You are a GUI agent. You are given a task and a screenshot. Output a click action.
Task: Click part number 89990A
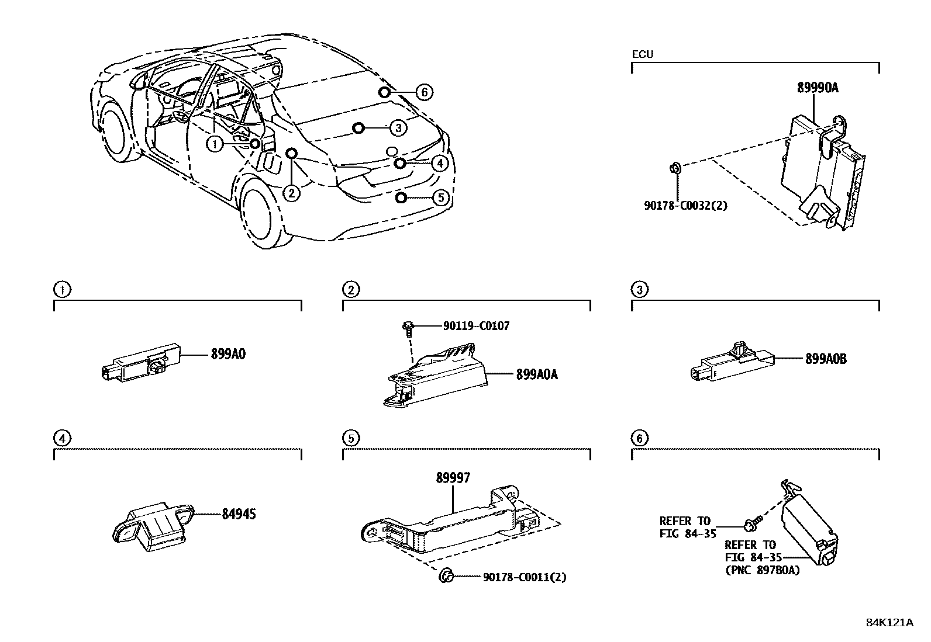(818, 88)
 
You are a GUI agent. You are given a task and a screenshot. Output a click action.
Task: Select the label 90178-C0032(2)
(685, 205)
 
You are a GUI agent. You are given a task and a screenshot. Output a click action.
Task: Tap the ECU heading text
(642, 54)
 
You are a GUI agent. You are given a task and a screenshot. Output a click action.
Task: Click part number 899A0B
(825, 359)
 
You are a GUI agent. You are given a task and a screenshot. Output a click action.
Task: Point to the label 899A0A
(536, 374)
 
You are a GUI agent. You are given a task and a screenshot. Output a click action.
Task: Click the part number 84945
(239, 514)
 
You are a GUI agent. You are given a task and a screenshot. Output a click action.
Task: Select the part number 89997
(453, 478)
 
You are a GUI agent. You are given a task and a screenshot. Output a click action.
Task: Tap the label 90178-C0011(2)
(525, 577)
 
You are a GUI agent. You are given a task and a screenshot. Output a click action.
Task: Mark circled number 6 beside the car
(425, 92)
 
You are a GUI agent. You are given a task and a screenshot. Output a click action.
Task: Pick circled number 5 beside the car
(441, 198)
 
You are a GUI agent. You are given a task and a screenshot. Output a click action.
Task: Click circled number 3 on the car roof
(397, 128)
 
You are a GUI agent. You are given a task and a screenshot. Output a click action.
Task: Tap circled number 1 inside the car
(215, 144)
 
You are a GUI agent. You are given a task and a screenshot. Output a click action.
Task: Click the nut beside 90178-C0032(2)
(675, 169)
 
